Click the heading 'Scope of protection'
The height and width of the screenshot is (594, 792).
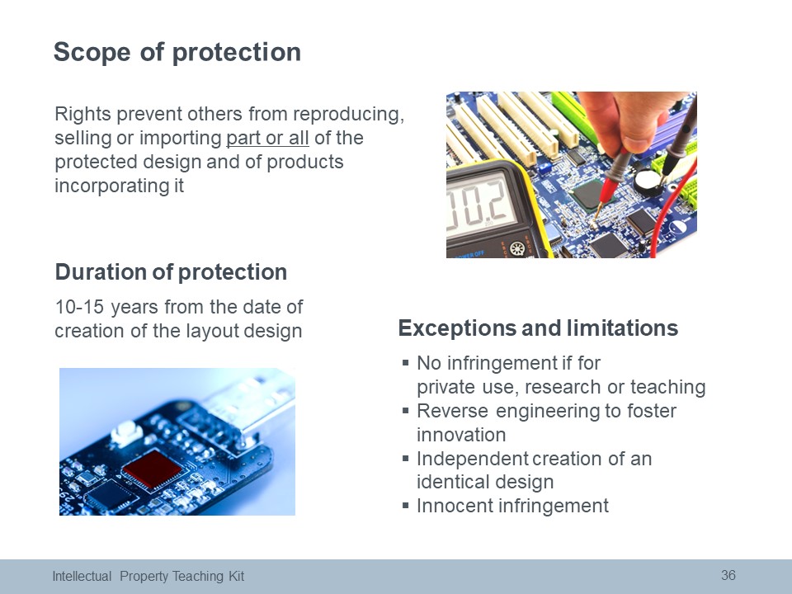[177, 52]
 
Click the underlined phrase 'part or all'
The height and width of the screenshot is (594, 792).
[267, 138]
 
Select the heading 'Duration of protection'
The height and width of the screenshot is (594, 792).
[172, 271]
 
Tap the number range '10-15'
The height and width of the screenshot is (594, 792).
[79, 307]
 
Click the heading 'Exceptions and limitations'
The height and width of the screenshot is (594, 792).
[538, 328]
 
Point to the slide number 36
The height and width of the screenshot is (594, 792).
[728, 575]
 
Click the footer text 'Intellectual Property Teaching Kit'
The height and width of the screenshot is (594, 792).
[148, 577]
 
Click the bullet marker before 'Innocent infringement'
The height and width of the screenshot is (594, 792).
[405, 505]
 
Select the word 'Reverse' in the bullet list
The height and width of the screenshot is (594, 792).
[452, 411]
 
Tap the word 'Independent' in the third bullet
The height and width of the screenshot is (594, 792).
[472, 459]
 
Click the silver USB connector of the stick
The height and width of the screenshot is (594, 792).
[247, 404]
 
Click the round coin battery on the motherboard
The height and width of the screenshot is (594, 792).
[648, 182]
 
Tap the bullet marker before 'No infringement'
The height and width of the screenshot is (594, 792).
[405, 362]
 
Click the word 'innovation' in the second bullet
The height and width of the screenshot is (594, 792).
[461, 435]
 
